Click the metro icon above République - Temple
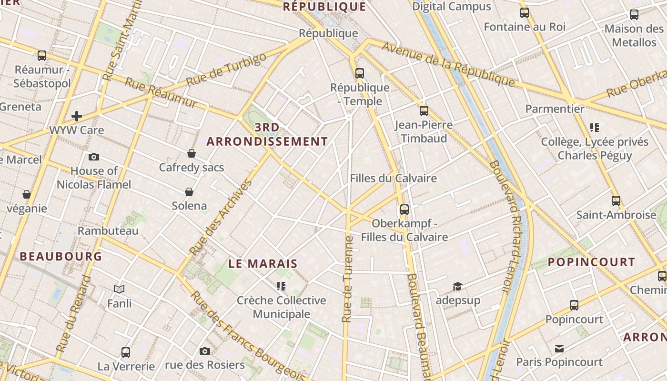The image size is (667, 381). point(360,73)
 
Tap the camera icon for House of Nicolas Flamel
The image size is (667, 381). point(94,157)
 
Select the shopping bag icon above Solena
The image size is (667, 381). point(189,192)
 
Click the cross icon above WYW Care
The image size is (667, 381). point(77,116)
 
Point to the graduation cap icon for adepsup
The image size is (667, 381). point(457,286)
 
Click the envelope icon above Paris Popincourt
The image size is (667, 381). point(559,349)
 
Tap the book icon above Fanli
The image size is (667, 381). point(119,289)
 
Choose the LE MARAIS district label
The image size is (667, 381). point(263,263)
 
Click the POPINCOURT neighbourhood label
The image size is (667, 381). point(591,262)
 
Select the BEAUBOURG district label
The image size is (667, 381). point(61,256)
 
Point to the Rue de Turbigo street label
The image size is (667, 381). point(226,70)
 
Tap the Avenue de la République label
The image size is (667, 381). point(448,65)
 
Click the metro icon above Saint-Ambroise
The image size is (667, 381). point(616,201)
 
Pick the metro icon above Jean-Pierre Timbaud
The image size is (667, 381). point(424,111)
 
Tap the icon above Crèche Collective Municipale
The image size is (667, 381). point(281,286)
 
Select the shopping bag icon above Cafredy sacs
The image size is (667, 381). point(192,153)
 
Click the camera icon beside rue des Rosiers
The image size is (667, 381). point(205,351)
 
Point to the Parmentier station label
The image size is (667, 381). point(555,109)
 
